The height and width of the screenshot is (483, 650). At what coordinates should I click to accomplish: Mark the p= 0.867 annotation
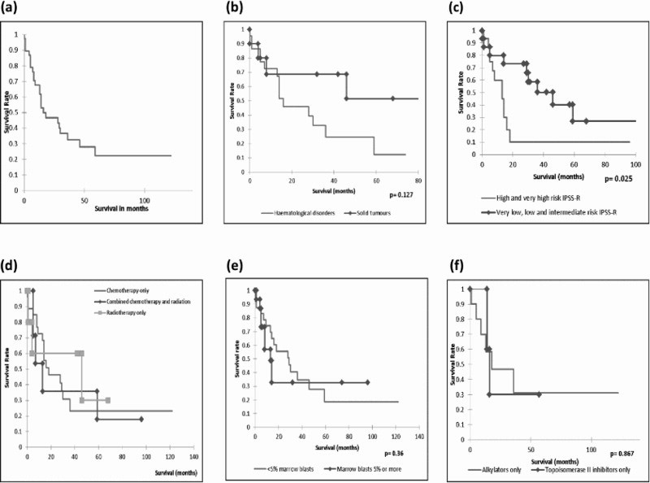(x=623, y=453)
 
